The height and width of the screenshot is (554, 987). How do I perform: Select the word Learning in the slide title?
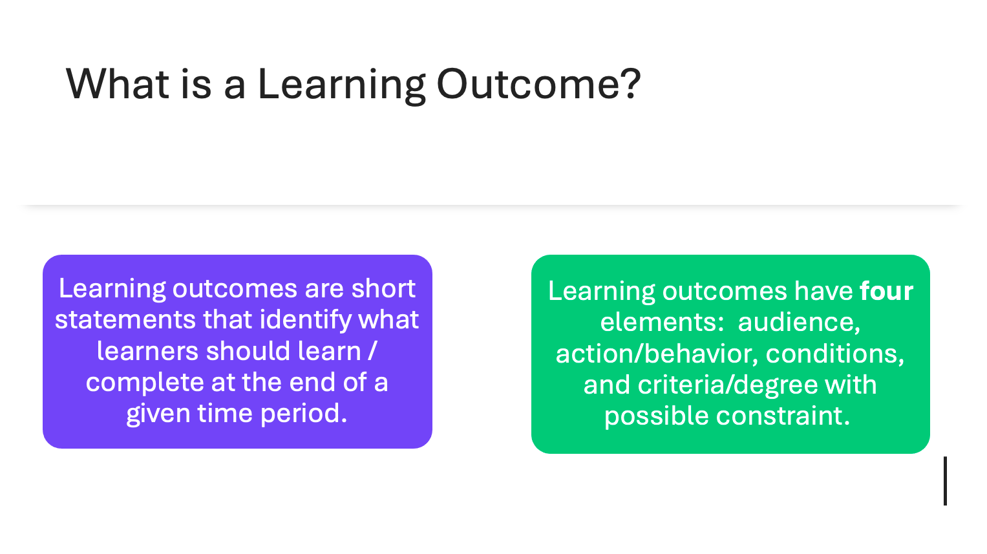point(341,85)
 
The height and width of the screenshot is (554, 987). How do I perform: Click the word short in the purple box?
point(383,289)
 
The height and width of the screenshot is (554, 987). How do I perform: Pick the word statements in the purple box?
point(125,320)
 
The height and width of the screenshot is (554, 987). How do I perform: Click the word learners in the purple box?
point(147,351)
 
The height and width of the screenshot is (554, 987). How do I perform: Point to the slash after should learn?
point(372,351)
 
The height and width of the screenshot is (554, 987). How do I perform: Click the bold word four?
point(886,292)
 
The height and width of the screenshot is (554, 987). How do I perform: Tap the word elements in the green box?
point(662,322)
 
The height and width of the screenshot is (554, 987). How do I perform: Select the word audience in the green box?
point(799,322)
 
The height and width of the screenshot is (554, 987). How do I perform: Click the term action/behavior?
point(657,354)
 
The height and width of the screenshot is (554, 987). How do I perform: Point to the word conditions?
point(834,354)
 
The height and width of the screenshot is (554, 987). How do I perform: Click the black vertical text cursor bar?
point(945,481)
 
